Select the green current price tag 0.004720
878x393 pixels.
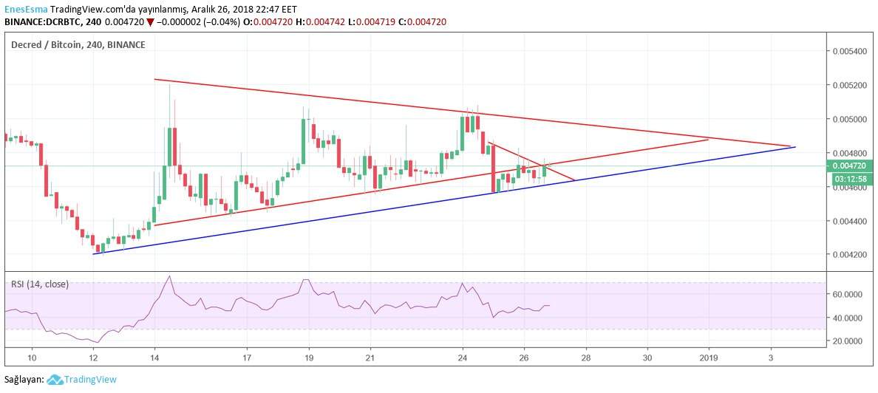pyautogui.click(x=849, y=166)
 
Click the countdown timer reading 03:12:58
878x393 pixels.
pyautogui.click(x=849, y=179)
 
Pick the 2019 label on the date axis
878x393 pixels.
pyautogui.click(x=709, y=358)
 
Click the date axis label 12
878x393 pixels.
pyautogui.click(x=93, y=358)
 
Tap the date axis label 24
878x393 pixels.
pyautogui.click(x=463, y=358)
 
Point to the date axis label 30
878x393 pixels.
pyautogui.click(x=647, y=358)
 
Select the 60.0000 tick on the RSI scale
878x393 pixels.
pyautogui.click(x=848, y=294)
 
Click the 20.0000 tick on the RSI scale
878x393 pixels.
pyautogui.click(x=848, y=341)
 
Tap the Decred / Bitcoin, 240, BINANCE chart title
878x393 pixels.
pyautogui.click(x=78, y=44)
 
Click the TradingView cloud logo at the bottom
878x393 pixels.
pyautogui.click(x=54, y=380)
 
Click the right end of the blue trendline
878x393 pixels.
pyautogui.click(x=794, y=147)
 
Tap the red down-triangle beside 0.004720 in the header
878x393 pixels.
pyautogui.click(x=151, y=22)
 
